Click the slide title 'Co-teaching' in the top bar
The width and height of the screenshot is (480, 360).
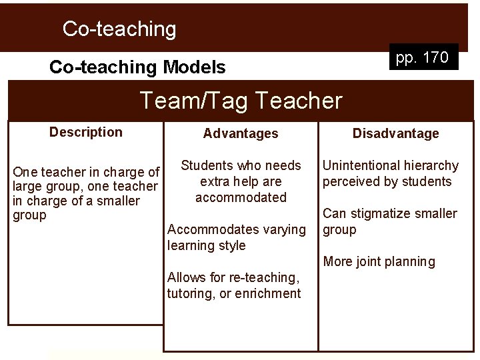pos(119,29)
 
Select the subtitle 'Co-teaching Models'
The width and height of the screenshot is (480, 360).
pos(137,67)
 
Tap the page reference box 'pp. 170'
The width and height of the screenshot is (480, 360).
pos(422,58)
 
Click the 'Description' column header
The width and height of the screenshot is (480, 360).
pos(86,132)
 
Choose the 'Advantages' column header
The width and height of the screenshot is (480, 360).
pos(241,133)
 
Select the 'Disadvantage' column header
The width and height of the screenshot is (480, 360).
pos(395,133)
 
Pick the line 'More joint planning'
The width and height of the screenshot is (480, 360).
pos(379,261)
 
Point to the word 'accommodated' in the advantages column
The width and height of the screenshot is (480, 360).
pos(241,197)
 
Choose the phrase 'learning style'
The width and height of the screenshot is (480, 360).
pos(206,245)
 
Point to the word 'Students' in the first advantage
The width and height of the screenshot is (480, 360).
pos(206,165)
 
